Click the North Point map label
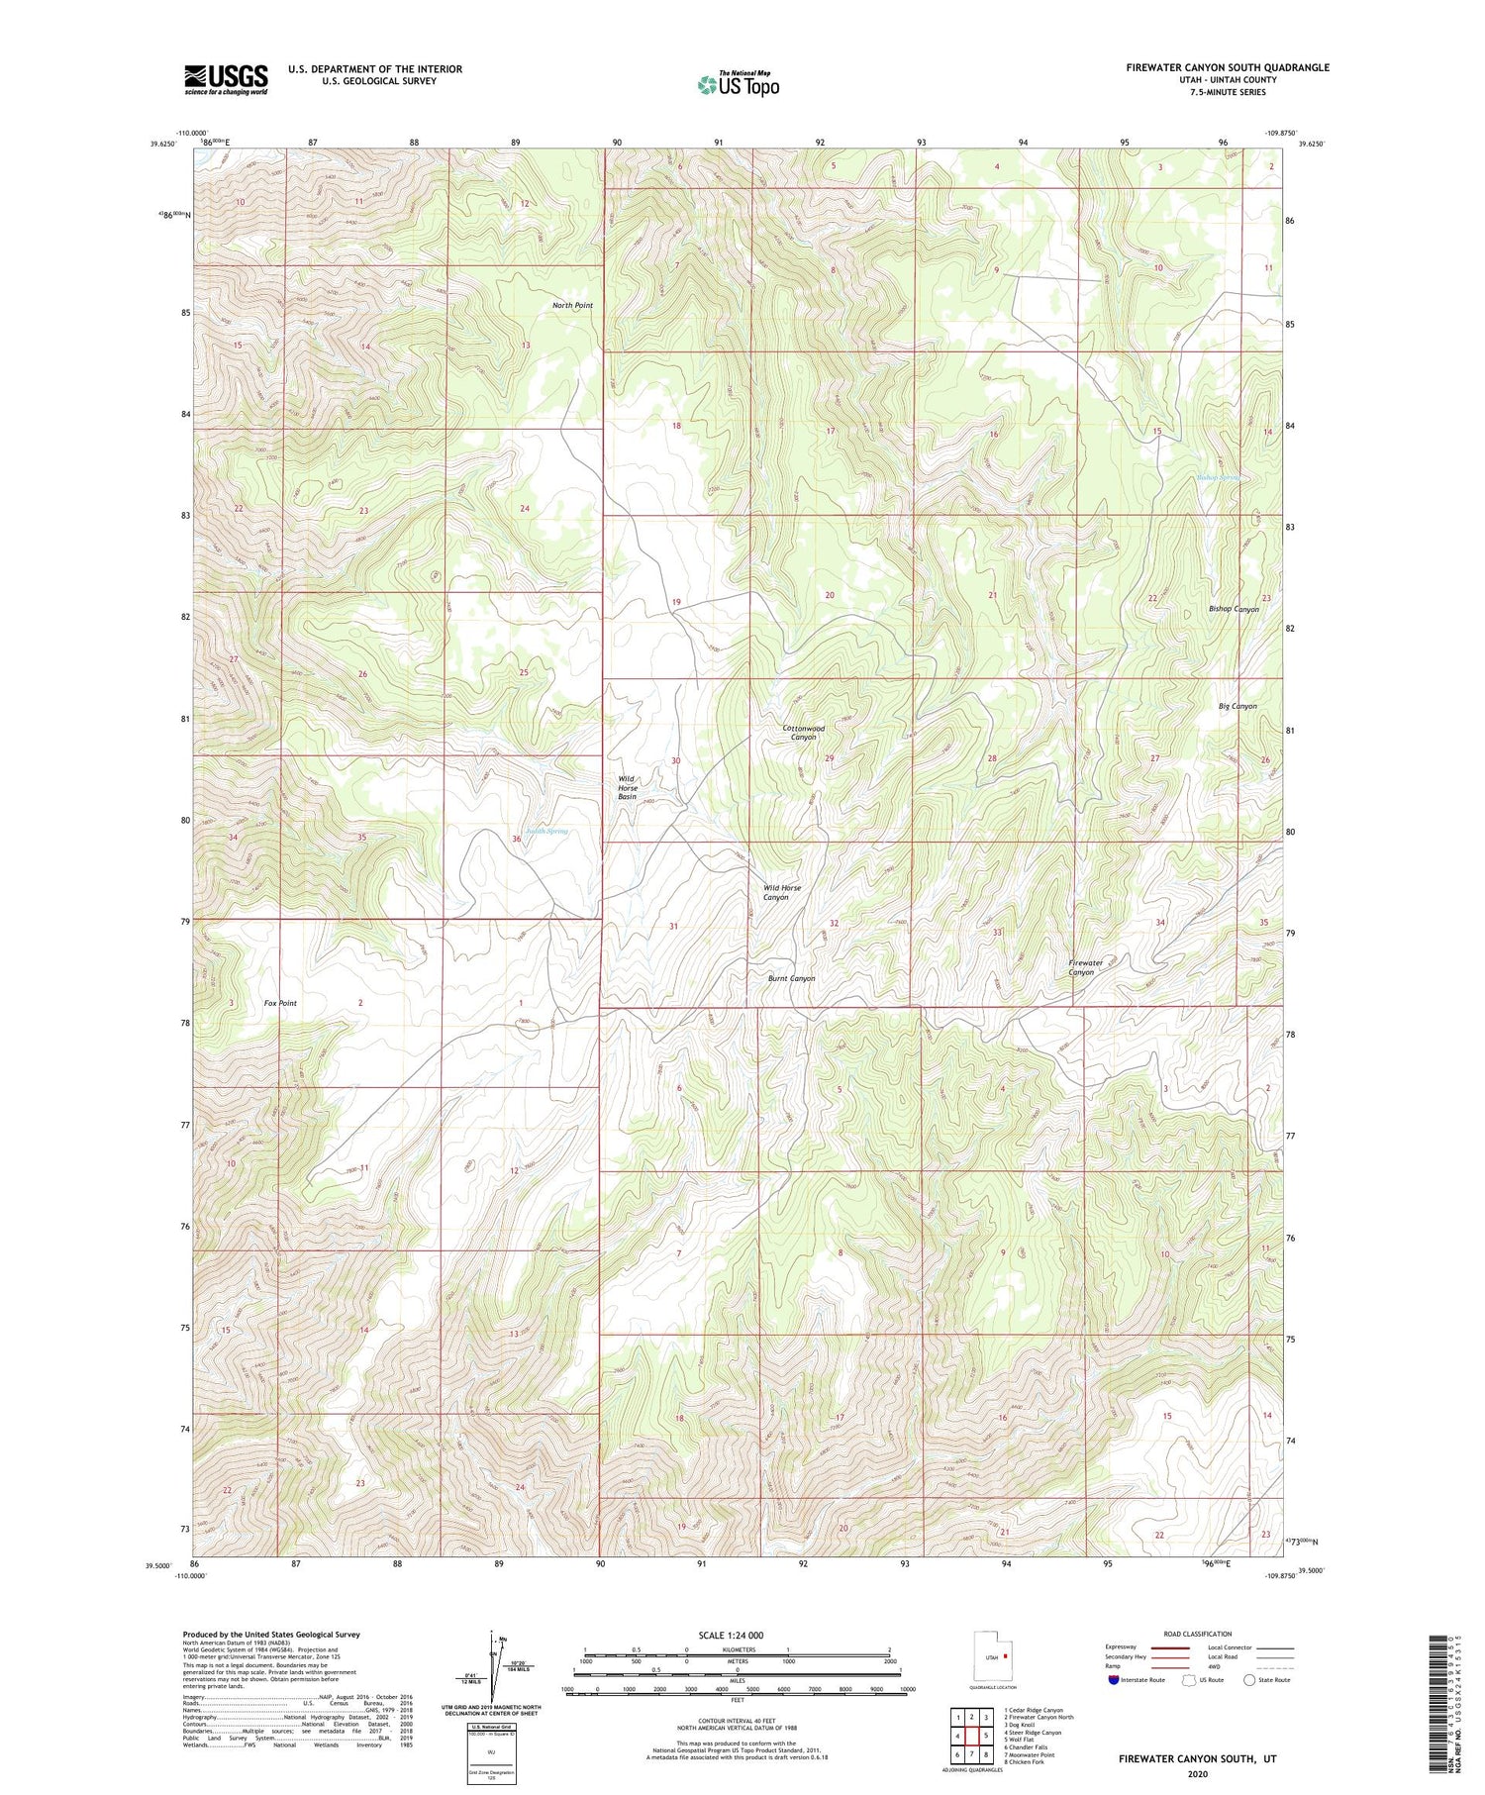click(x=572, y=305)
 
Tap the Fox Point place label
click(x=280, y=1003)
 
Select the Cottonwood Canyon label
click(x=803, y=733)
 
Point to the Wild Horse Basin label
click(x=627, y=787)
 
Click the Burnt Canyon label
click(x=791, y=978)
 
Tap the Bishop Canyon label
click(x=1234, y=609)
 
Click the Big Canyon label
click(x=1237, y=706)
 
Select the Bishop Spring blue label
click(x=1217, y=477)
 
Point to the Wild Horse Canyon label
click(x=781, y=892)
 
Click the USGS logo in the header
click(x=226, y=79)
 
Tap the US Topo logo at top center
click(x=738, y=84)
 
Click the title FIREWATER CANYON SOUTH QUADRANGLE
click(x=1227, y=67)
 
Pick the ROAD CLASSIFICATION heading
click(x=1198, y=1634)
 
